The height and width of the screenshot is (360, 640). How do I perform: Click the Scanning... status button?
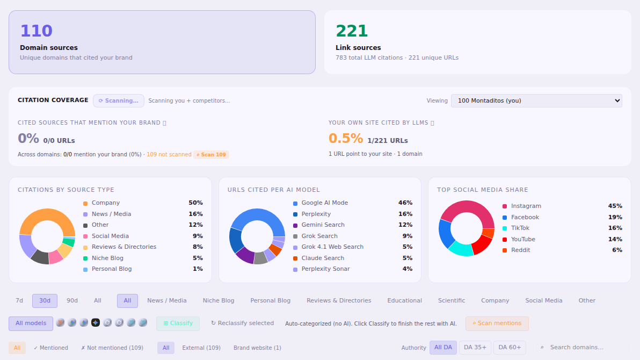click(118, 100)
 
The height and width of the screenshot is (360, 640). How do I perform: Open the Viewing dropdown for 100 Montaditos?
click(536, 100)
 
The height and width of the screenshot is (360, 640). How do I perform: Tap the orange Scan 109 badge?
click(211, 154)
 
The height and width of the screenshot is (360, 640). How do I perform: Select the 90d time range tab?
click(72, 300)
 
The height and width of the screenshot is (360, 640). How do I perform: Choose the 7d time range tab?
click(19, 300)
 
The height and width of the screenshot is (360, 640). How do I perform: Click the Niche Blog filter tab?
click(219, 300)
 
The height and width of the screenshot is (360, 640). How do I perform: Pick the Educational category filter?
click(404, 300)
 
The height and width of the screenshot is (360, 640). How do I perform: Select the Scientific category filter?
click(452, 300)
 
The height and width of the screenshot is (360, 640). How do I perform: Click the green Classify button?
click(178, 323)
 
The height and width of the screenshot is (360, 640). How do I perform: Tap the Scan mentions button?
click(497, 323)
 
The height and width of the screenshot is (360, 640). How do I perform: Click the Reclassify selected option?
click(243, 323)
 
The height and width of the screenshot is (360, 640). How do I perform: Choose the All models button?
click(31, 323)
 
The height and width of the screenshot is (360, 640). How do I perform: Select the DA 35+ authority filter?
click(475, 347)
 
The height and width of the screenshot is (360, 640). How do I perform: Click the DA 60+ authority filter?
click(510, 347)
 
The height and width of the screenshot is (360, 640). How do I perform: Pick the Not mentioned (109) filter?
click(112, 348)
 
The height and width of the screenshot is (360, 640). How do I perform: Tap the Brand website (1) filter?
click(257, 348)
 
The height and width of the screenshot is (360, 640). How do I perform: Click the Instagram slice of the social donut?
click(467, 208)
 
